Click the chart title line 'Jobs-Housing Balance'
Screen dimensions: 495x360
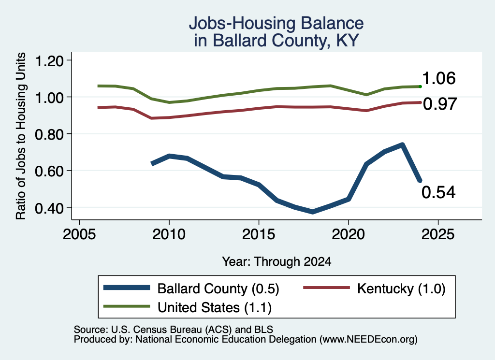pyautogui.click(x=276, y=23)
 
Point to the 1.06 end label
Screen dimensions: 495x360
pyautogui.click(x=438, y=78)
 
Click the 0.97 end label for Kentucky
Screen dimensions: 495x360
pyautogui.click(x=440, y=104)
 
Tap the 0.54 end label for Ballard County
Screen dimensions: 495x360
pyautogui.click(x=438, y=192)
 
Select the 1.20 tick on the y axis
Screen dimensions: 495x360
pyautogui.click(x=49, y=60)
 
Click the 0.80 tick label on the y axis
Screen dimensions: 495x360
pyautogui.click(x=49, y=134)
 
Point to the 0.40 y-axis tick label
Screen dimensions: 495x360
pyautogui.click(x=49, y=208)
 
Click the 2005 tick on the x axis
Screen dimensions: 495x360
pyautogui.click(x=79, y=234)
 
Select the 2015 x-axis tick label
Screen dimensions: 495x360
pyautogui.click(x=259, y=234)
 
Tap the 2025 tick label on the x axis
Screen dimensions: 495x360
pyautogui.click(x=438, y=234)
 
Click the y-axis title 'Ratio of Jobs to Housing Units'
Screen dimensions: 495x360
pyautogui.click(x=21, y=136)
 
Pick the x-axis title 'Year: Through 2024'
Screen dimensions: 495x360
pyautogui.click(x=277, y=261)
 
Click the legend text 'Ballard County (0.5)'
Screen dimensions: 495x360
pyautogui.click(x=218, y=289)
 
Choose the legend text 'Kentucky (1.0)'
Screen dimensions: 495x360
pyautogui.click(x=401, y=288)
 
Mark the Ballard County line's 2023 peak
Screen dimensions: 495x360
pyautogui.click(x=402, y=145)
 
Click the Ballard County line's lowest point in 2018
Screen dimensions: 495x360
pyautogui.click(x=313, y=212)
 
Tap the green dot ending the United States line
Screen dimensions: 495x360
pyautogui.click(x=420, y=86)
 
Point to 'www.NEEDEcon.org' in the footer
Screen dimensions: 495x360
pyautogui.click(x=367, y=340)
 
